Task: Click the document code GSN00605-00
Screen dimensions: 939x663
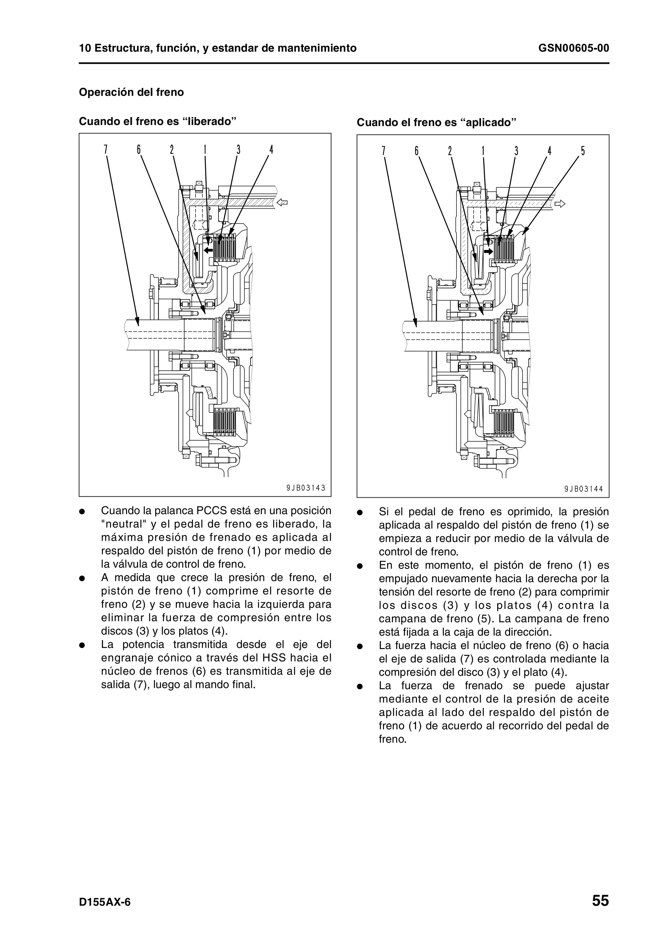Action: coord(574,48)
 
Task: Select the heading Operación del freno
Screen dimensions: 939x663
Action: coord(131,92)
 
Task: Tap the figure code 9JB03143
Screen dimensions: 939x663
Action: coord(306,488)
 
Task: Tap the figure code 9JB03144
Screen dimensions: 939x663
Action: coord(583,489)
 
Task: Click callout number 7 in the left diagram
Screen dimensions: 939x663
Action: coord(106,150)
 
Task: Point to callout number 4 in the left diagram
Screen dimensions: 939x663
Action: coord(271,150)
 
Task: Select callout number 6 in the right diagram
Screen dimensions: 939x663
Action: coord(417,151)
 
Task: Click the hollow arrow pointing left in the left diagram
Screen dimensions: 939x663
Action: coord(282,202)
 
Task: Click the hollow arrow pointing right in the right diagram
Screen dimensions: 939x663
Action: coord(560,203)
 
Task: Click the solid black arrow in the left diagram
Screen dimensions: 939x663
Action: coord(208,250)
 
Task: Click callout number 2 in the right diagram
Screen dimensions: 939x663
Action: coord(450,151)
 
